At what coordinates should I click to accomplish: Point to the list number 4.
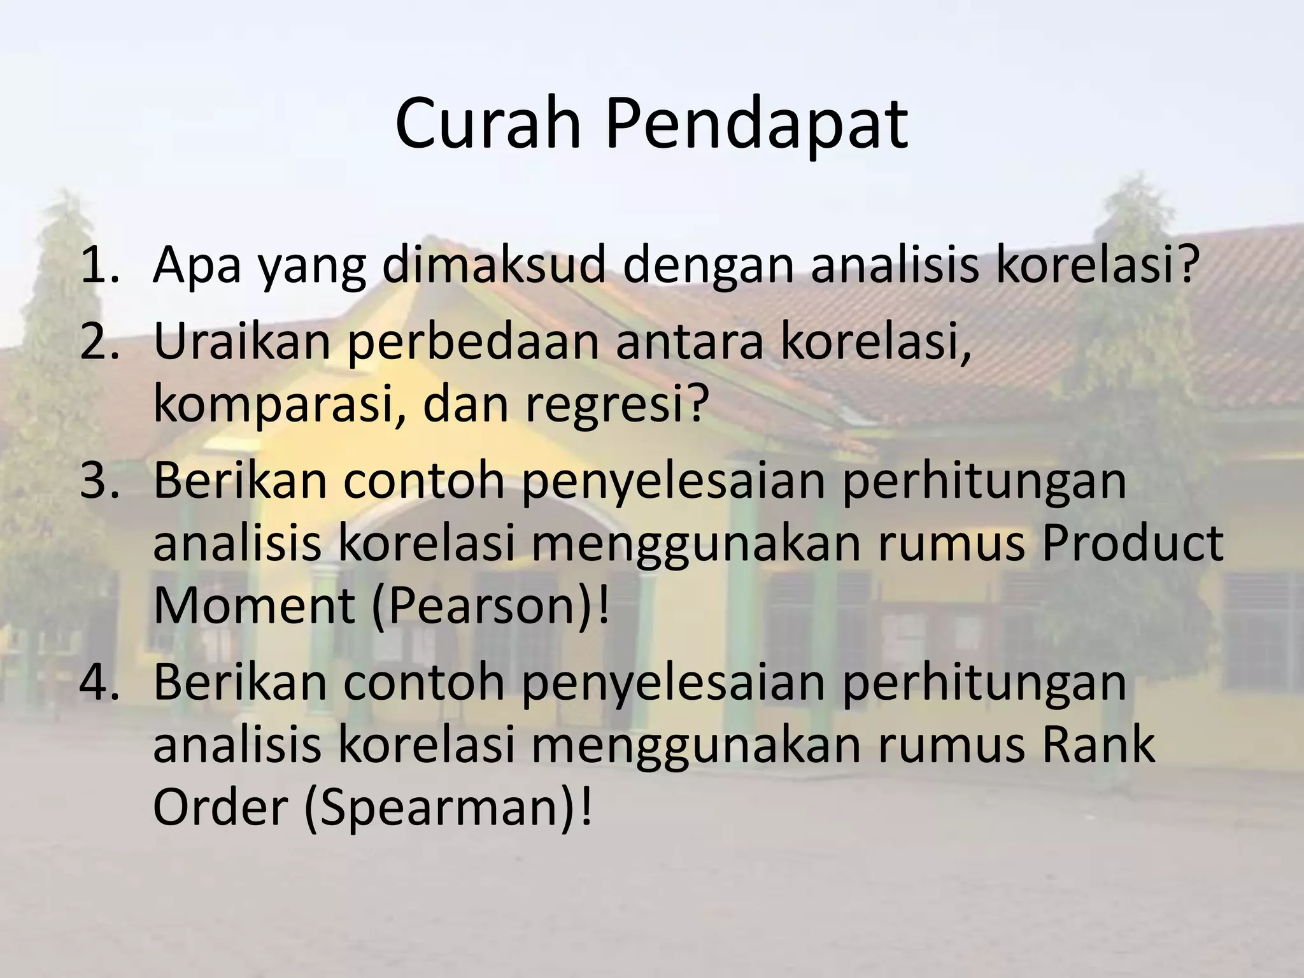(99, 681)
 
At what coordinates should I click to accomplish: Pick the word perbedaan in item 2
(474, 341)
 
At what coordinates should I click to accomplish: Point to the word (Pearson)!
(490, 605)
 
